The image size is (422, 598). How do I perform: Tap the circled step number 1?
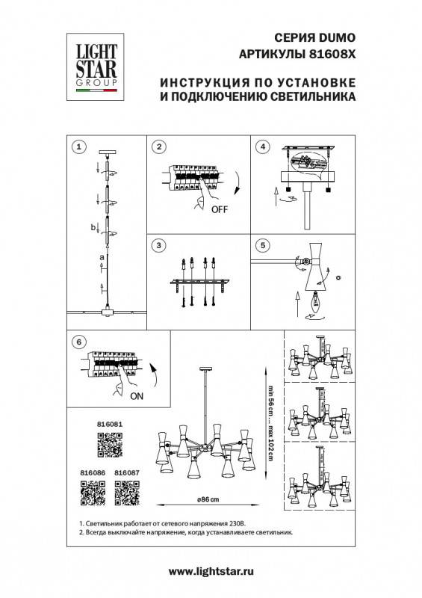pyautogui.click(x=81, y=147)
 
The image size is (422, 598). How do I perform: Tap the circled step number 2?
pyautogui.click(x=159, y=147)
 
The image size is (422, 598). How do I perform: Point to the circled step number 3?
pyautogui.click(x=159, y=246)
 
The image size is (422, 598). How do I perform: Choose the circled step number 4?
pyautogui.click(x=262, y=147)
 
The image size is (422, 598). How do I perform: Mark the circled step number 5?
pyautogui.click(x=262, y=245)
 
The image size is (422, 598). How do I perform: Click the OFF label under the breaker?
pyautogui.click(x=219, y=210)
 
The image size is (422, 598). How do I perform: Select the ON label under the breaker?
pyautogui.click(x=137, y=398)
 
